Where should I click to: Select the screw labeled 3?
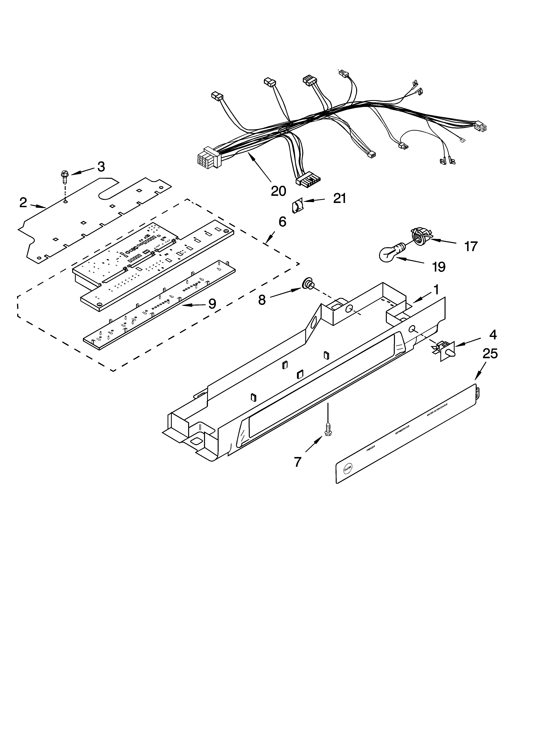click(x=64, y=177)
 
